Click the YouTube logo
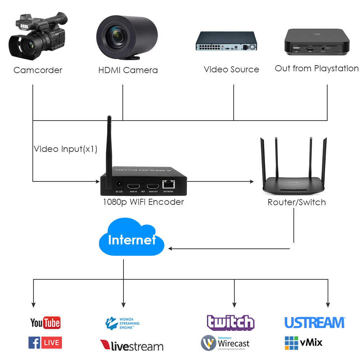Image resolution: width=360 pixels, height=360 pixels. coord(45,323)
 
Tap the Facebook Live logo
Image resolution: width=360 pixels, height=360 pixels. coord(45,343)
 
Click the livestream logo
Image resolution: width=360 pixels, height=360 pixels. coord(131,346)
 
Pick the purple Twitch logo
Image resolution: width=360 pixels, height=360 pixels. coord(231,323)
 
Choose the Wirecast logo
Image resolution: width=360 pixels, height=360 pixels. coord(225,343)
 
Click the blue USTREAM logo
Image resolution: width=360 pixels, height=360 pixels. coord(315,323)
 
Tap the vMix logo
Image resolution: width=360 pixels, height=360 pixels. coord(303,342)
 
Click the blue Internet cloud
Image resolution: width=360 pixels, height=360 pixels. coord(131,239)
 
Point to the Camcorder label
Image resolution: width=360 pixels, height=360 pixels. coord(38,70)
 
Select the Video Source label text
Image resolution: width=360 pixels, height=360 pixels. coord(231,69)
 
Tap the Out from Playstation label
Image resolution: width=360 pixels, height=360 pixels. coord(317,68)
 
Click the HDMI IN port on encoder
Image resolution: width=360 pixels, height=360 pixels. coord(134,186)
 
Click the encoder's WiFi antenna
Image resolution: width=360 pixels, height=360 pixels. coord(109,144)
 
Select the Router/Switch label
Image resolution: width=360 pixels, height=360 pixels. coord(297,202)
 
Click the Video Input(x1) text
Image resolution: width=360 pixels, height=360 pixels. coord(66,149)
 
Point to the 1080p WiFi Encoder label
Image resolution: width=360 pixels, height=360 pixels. coord(143,202)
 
